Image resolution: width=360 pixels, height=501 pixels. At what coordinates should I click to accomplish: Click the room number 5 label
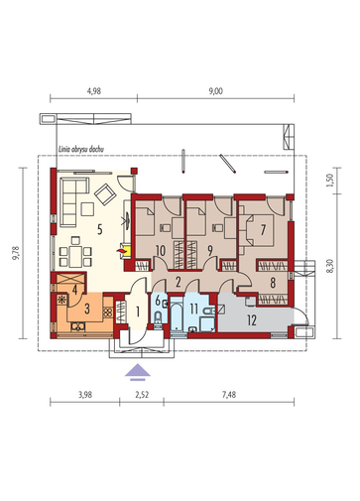click(100, 229)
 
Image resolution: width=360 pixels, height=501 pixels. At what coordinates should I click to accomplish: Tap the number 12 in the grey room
click(252, 320)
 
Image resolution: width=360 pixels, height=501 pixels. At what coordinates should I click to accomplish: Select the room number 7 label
click(263, 230)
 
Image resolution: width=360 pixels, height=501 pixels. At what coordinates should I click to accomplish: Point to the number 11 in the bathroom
click(193, 309)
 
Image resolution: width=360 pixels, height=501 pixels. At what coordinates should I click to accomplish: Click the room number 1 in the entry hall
click(138, 312)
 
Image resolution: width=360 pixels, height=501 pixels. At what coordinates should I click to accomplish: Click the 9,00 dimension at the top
click(215, 91)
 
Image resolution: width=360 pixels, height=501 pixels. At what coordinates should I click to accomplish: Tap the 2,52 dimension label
click(142, 395)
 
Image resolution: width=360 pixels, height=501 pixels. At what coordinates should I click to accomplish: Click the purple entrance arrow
click(138, 372)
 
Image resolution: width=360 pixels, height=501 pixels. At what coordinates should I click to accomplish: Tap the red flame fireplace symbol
click(121, 251)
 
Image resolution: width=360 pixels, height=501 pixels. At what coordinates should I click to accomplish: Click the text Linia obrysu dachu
click(81, 150)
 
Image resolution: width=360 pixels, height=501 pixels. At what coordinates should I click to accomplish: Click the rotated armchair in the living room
click(105, 194)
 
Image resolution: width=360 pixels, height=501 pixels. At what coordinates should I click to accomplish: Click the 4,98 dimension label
click(94, 91)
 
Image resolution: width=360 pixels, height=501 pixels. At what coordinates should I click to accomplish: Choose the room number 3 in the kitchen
click(87, 309)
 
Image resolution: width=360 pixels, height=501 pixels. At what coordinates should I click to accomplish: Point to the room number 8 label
click(273, 283)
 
